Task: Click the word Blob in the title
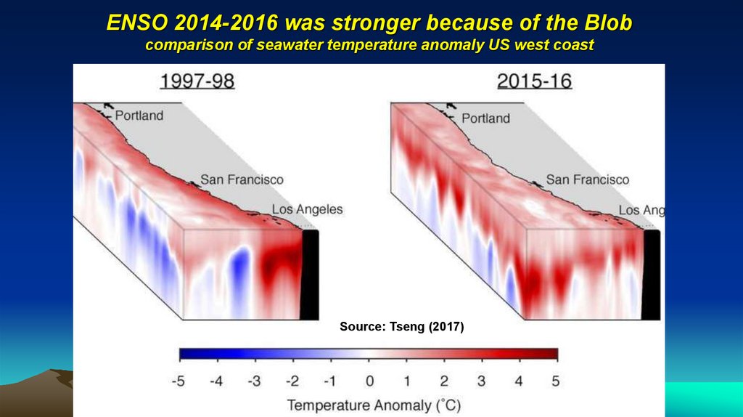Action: pos(607,24)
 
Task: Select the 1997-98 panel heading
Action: pos(197,81)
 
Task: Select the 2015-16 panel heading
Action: pos(534,81)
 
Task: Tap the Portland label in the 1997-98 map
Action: pos(139,115)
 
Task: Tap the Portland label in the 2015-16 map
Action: pos(485,118)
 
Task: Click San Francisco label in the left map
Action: pos(242,179)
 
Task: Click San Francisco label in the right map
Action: pos(587,179)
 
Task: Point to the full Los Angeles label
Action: pos(307,209)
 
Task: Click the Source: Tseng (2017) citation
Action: pos(401,328)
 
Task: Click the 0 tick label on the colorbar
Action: pos(369,381)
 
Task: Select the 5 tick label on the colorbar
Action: pos(556,381)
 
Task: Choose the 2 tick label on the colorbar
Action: pos(444,381)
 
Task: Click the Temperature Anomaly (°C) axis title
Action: pos(374,404)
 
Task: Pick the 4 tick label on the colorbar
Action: pos(519,381)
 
